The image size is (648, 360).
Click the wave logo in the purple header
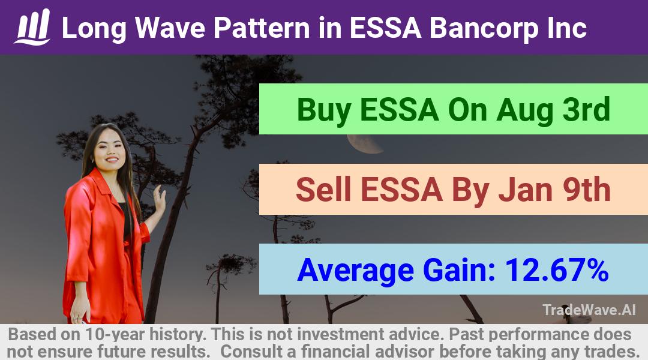pos(32,27)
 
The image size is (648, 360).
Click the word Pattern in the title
pos(262,28)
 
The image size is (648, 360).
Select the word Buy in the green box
pos(323,110)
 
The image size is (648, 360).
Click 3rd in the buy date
pos(586,109)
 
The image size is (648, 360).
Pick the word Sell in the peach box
pos(323,190)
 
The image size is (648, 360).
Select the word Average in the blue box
pos(355,271)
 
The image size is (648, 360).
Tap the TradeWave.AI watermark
pos(589,310)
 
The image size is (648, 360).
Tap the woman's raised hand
pos(159,199)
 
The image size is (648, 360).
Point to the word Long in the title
pos(94,29)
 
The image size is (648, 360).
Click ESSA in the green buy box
pos(400,110)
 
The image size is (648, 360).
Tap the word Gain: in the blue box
pos(460,270)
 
